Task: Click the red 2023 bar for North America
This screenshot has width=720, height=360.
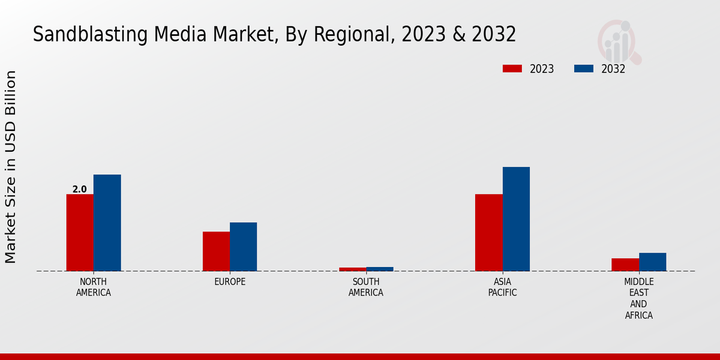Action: coord(80,233)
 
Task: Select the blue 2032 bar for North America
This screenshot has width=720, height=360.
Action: coord(107,223)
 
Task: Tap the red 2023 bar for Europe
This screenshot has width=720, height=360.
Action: coord(216,251)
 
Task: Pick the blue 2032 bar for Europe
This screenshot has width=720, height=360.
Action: coord(243,247)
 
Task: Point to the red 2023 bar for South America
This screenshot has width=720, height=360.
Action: coord(352,269)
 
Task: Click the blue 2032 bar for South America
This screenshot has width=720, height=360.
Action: coord(379,269)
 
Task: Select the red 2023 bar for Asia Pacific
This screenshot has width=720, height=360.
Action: coord(488,233)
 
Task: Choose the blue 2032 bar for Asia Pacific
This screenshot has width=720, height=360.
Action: coord(516,219)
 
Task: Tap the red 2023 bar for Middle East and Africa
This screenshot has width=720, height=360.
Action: coord(625,265)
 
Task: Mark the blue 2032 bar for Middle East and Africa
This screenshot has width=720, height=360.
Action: coord(652,262)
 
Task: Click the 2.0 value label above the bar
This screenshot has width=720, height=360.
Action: coord(80,190)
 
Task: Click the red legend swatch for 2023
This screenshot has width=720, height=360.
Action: coord(512,69)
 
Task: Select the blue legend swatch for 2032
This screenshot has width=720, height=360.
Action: coord(584,69)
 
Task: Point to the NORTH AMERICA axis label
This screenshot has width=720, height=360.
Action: coord(94,287)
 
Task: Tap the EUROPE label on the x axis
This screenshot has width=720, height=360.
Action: coord(230,282)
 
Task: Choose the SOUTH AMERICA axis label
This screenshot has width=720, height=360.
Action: coord(366,287)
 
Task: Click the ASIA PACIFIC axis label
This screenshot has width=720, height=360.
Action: coord(502,287)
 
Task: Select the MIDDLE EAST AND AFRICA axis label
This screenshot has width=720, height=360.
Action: coord(639,298)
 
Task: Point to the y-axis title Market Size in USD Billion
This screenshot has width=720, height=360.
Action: coord(11,167)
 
